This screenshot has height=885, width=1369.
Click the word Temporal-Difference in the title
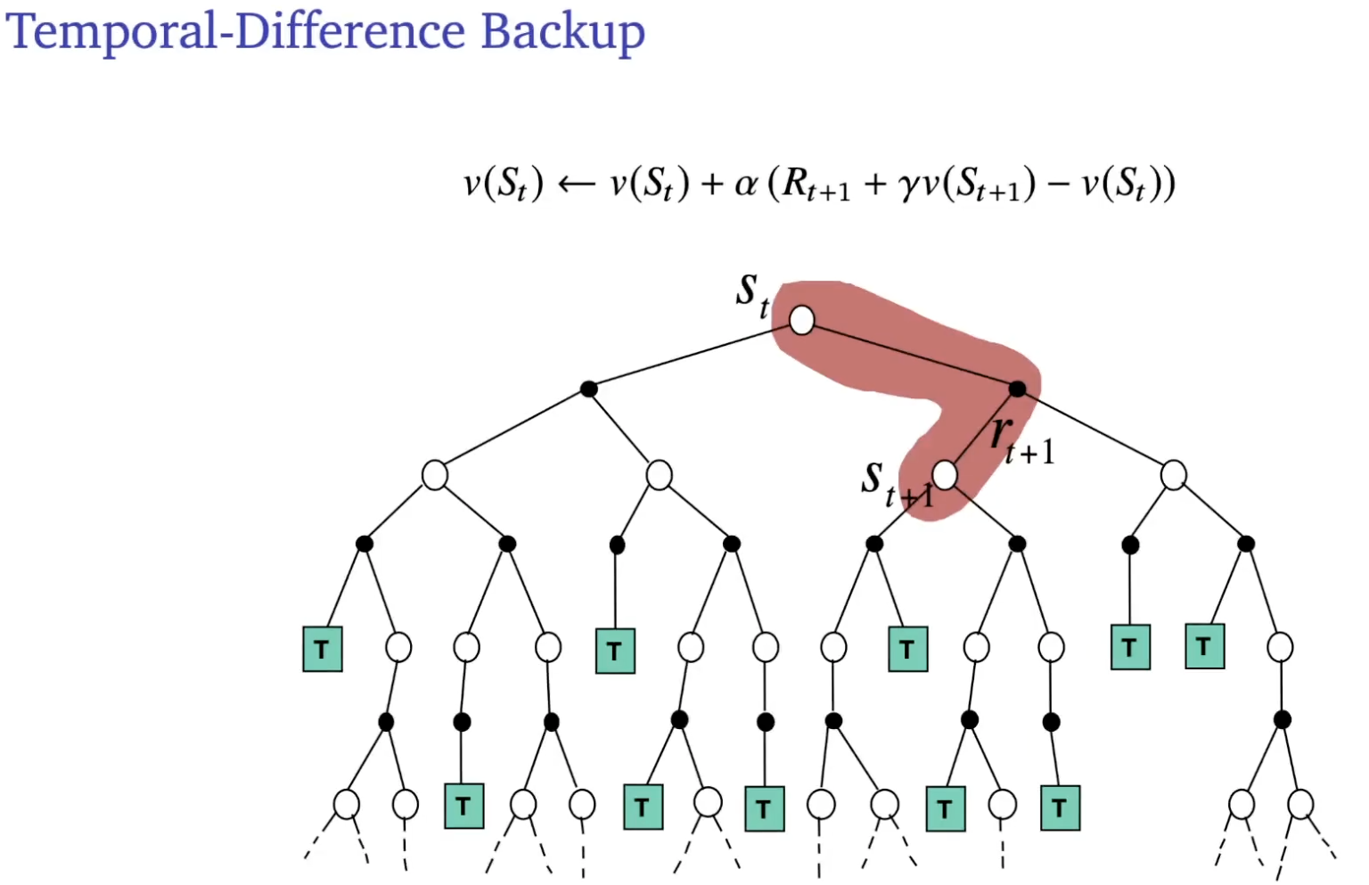point(235,31)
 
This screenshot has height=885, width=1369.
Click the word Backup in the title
point(562,33)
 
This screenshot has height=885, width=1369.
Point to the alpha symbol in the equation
point(746,184)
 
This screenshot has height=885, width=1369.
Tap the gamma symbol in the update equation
point(908,185)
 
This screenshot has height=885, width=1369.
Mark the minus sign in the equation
point(1059,184)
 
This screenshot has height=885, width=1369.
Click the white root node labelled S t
point(801,320)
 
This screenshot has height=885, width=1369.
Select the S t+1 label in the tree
point(891,484)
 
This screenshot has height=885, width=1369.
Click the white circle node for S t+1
point(945,475)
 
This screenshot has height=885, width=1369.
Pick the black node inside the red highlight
point(1017,389)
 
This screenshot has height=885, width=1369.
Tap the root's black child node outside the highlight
point(588,389)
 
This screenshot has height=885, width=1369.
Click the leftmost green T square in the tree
point(323,649)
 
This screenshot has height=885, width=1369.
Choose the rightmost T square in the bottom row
point(1060,808)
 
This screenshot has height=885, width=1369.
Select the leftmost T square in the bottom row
point(463,806)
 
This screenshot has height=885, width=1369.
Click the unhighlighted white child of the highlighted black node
point(1173,475)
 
